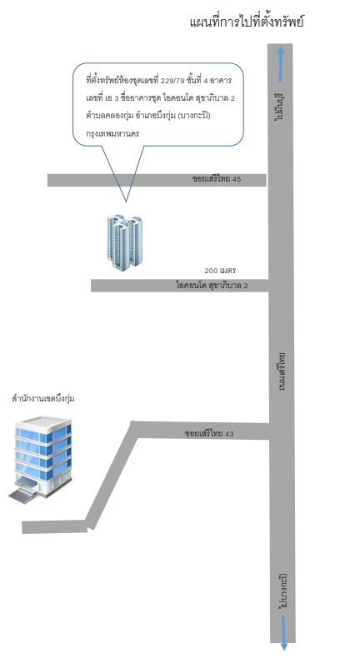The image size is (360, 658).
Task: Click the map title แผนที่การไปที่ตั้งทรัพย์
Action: tap(247, 22)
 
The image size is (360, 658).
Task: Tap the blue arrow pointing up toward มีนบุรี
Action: tap(281, 63)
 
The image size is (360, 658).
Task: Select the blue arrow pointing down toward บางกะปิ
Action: tap(284, 632)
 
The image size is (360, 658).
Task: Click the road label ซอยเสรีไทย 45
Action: tap(217, 179)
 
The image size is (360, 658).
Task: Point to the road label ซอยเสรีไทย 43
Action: tap(209, 433)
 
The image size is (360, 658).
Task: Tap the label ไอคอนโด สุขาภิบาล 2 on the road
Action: tap(212, 286)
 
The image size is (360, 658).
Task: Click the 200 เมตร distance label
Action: tap(220, 271)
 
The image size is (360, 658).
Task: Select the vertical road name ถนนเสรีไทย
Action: tap(282, 371)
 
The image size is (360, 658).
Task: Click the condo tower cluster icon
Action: tap(125, 242)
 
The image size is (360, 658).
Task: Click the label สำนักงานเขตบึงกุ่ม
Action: tap(43, 399)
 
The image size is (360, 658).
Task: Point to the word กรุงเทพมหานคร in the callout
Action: tap(112, 134)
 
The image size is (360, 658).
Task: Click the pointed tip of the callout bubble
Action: tap(126, 202)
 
